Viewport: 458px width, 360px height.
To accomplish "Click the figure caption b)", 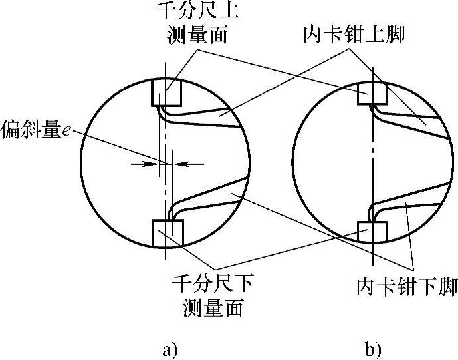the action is pos(372,349).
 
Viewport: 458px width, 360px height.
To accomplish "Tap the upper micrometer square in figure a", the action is pos(166,93).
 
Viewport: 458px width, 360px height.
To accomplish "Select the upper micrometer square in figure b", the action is pos(371,94).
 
